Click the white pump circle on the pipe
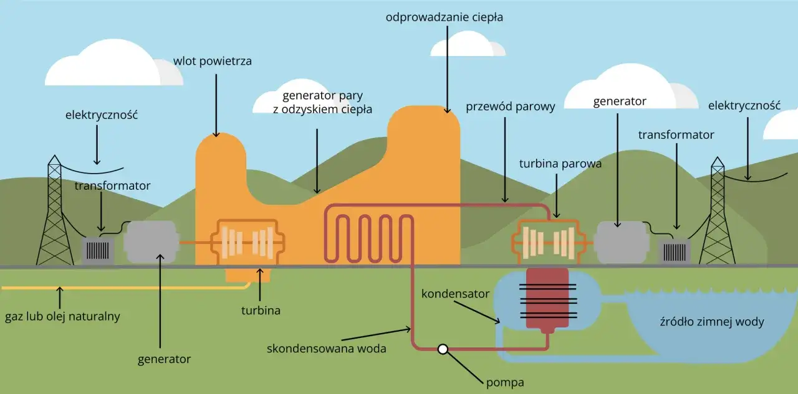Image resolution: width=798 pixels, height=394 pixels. click(x=443, y=349)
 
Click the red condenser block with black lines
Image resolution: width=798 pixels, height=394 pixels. click(x=547, y=299)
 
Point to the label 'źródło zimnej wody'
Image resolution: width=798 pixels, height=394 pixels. click(x=711, y=322)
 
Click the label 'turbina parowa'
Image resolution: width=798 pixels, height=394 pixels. click(x=560, y=164)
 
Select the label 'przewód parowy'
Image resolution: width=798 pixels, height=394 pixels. click(x=510, y=106)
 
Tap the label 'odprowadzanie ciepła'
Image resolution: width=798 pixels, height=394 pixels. click(x=444, y=17)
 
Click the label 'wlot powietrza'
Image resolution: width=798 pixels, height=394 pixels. click(x=213, y=61)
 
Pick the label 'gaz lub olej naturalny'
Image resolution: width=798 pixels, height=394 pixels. click(x=62, y=316)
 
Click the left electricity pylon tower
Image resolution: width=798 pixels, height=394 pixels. click(x=55, y=215)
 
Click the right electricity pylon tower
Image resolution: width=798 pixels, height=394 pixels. click(x=718, y=215)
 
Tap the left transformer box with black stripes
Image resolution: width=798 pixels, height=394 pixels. click(x=99, y=250)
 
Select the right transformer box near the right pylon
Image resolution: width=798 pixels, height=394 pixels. click(x=675, y=252)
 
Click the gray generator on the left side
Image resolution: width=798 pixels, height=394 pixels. click(x=151, y=242)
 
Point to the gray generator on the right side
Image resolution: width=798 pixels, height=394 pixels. click(x=621, y=242)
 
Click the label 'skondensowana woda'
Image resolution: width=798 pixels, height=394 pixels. click(x=326, y=349)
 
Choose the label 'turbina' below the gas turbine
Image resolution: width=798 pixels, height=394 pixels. click(x=260, y=309)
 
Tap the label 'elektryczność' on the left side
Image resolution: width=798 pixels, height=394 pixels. click(x=101, y=115)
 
